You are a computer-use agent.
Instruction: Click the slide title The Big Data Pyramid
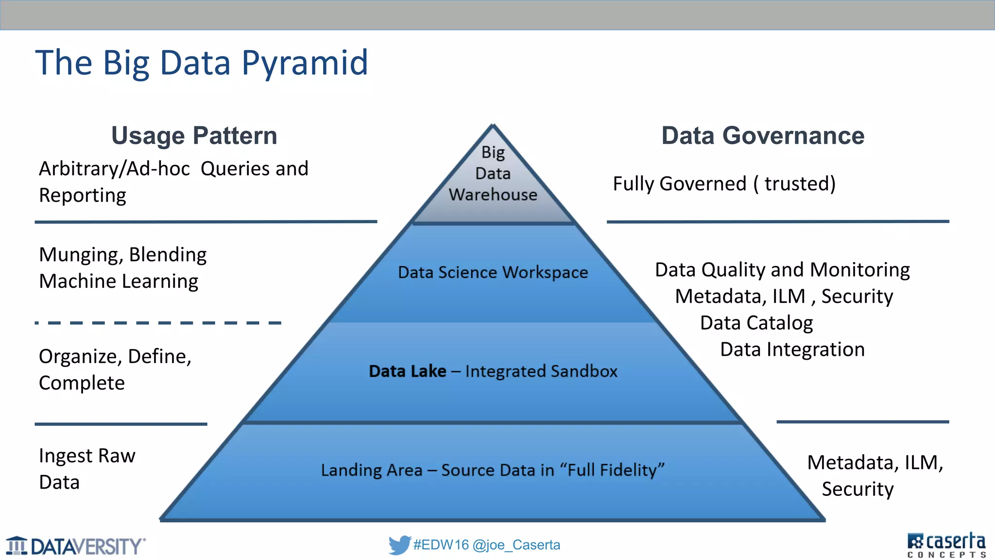pyautogui.click(x=202, y=63)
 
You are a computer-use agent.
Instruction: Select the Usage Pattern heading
pyautogui.click(x=194, y=136)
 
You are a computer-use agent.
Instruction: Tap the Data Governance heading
pyautogui.click(x=763, y=136)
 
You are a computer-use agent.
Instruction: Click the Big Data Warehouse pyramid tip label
pyautogui.click(x=493, y=174)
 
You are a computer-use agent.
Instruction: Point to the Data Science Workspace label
pyautogui.click(x=493, y=273)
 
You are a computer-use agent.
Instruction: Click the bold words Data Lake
pyautogui.click(x=407, y=371)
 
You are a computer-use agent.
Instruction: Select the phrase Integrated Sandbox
pyautogui.click(x=541, y=371)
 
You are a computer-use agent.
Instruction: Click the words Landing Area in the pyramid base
pyautogui.click(x=372, y=471)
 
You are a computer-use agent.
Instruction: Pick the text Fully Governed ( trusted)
pyautogui.click(x=724, y=184)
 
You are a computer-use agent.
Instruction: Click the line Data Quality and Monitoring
pyautogui.click(x=782, y=270)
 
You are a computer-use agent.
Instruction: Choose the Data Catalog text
pyautogui.click(x=756, y=323)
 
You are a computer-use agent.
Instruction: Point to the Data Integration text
pyautogui.click(x=792, y=350)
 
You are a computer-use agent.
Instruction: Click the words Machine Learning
pyautogui.click(x=119, y=281)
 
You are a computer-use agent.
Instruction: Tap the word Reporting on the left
pyautogui.click(x=83, y=195)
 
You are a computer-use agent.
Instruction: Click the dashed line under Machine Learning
pyautogui.click(x=158, y=323)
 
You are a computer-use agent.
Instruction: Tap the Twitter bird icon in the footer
pyautogui.click(x=399, y=545)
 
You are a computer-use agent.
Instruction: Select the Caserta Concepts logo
pyautogui.click(x=946, y=545)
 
